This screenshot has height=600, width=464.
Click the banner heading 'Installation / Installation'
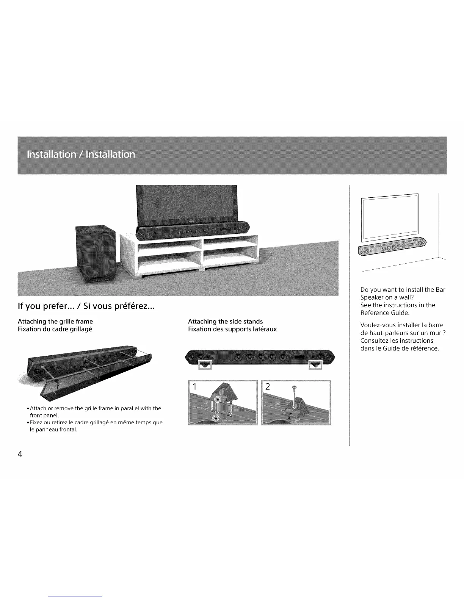(x=81, y=155)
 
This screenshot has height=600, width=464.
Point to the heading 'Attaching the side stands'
(x=225, y=322)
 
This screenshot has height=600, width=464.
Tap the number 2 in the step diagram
(x=268, y=387)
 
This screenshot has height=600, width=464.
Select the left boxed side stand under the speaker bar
(x=205, y=365)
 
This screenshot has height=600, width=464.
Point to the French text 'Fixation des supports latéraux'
(x=232, y=329)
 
